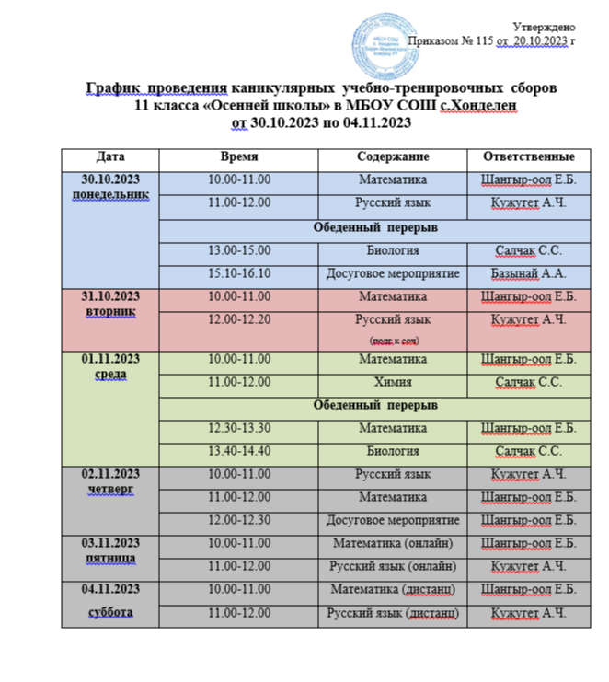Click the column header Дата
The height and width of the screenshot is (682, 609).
[x=110, y=156]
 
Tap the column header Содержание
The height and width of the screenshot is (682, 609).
[x=393, y=156]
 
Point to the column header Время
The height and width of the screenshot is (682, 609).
[x=239, y=156]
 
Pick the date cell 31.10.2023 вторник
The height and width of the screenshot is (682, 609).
[x=110, y=304]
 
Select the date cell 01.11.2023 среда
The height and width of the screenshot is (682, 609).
[x=110, y=366]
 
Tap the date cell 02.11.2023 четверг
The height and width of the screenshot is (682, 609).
[x=110, y=481]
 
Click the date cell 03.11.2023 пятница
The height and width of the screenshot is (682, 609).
[x=110, y=549]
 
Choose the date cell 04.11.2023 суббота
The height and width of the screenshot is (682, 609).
[x=110, y=599]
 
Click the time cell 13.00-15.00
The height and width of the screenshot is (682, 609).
[x=239, y=250]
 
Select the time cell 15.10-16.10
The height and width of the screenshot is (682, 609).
[x=239, y=273]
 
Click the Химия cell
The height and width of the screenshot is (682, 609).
[x=393, y=381]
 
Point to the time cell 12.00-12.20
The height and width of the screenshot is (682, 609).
[x=239, y=319]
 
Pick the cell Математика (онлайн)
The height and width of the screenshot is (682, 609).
[x=393, y=542]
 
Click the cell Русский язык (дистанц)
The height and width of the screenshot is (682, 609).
[x=393, y=613]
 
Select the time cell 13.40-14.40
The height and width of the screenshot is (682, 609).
[x=239, y=451]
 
